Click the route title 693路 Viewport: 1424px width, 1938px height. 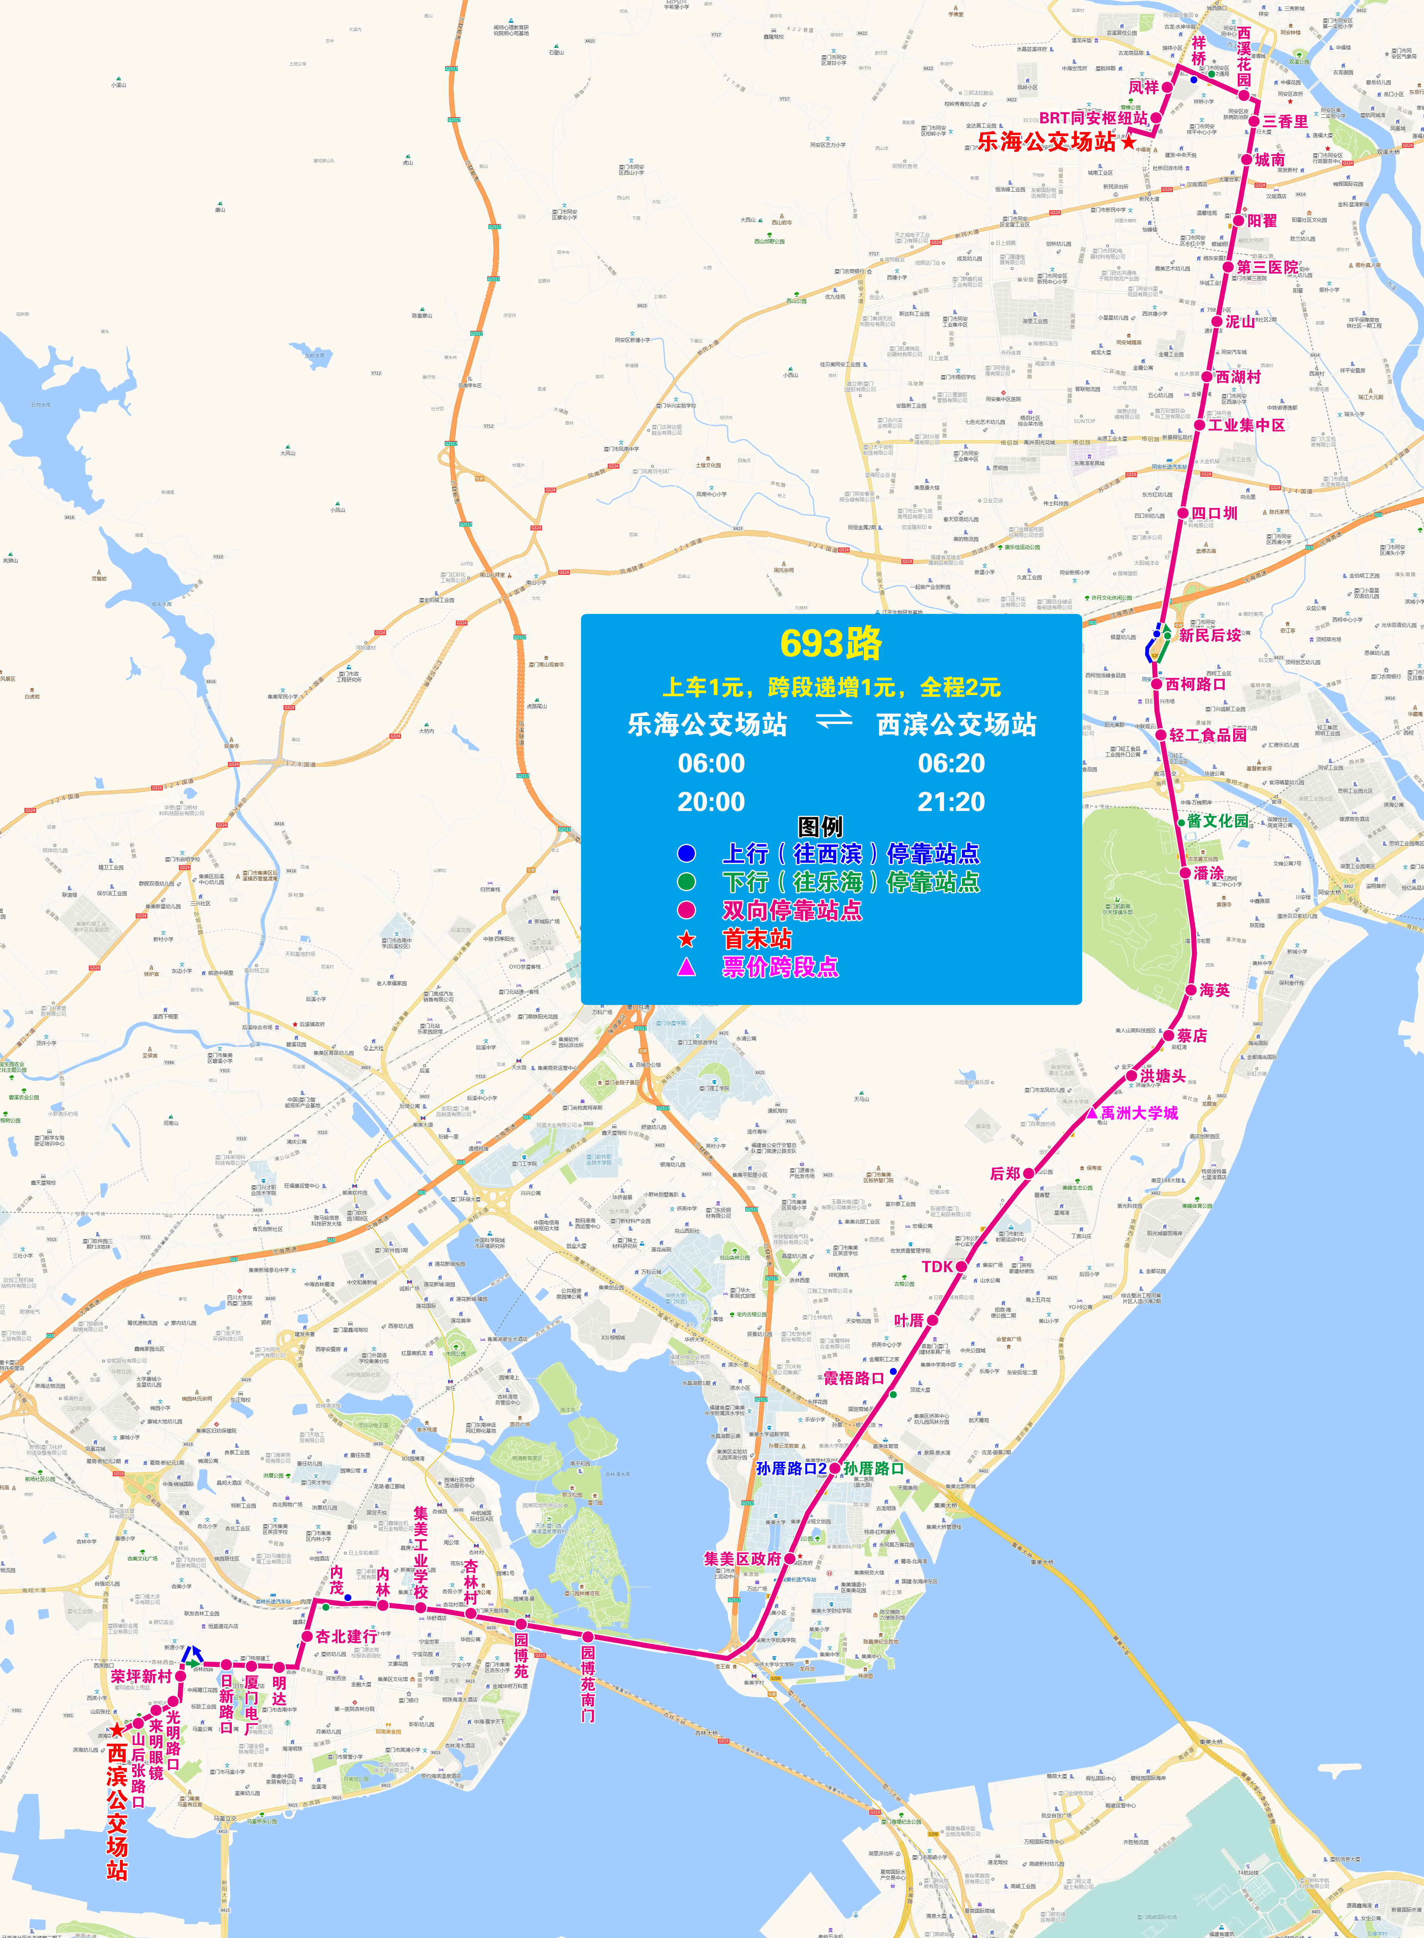click(831, 643)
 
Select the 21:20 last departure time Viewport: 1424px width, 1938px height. click(951, 802)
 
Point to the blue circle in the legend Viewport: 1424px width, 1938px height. click(686, 853)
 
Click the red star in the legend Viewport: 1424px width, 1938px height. click(686, 939)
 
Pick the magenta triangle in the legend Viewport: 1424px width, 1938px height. click(686, 966)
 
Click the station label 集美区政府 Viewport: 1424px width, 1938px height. click(742, 1559)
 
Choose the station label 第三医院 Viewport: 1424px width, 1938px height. click(1267, 267)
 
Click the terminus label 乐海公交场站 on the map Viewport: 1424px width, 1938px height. click(1047, 142)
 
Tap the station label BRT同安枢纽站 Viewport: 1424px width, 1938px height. click(1093, 118)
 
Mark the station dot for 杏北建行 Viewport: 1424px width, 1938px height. click(307, 1636)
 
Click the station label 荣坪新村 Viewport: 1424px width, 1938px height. click(141, 1677)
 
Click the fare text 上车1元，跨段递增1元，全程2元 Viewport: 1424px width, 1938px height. click(831, 687)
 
